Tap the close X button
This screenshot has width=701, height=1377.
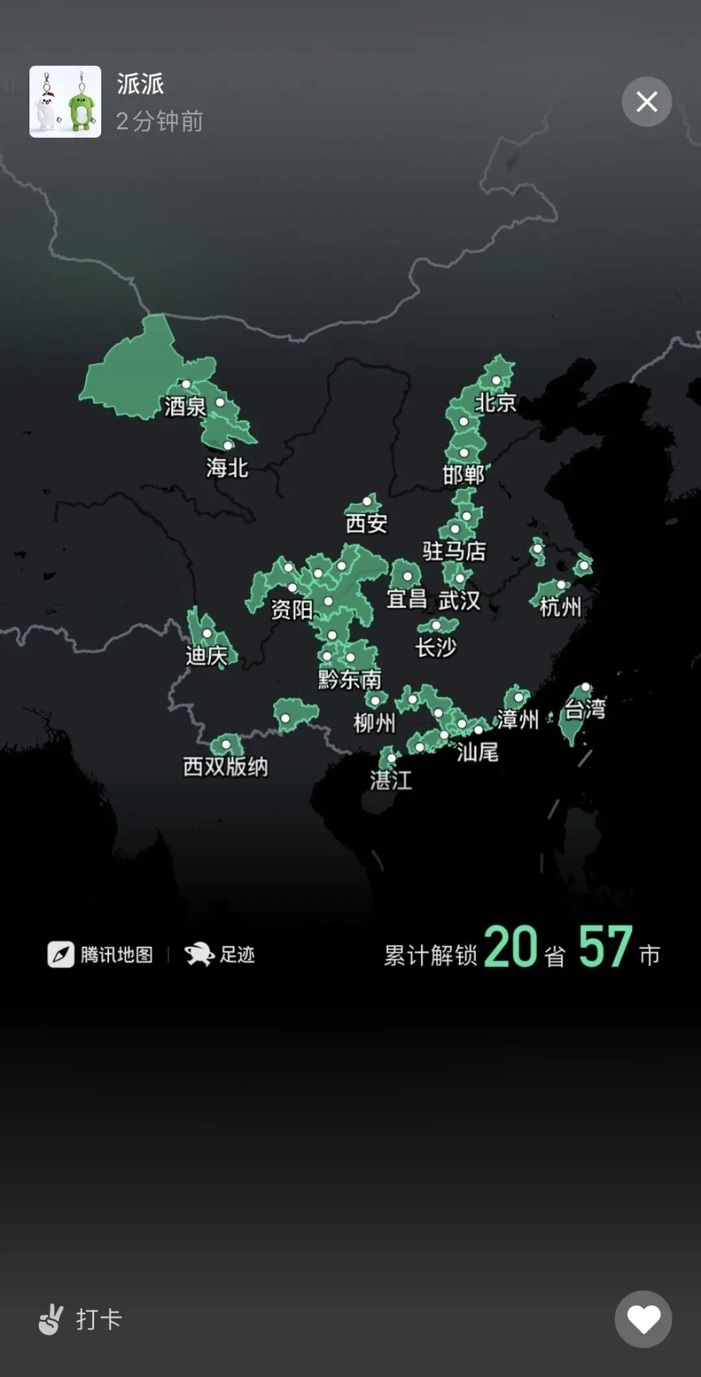point(646,102)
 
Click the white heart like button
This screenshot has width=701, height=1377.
point(643,1319)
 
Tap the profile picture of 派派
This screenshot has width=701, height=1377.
point(65,101)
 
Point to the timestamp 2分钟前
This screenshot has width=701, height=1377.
point(160,121)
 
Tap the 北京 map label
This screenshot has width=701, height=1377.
point(495,403)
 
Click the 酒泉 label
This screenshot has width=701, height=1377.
point(185,407)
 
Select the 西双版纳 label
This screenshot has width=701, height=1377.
point(225,766)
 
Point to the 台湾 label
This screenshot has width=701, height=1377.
point(585,709)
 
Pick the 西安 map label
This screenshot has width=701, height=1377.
point(367,523)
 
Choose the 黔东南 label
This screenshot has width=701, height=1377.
point(350,679)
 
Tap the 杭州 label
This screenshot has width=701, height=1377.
point(560,607)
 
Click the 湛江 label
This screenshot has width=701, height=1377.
point(391,780)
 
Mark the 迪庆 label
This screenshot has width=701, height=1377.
point(206,656)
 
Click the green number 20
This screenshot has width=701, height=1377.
point(511,947)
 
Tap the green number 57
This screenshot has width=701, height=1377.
point(606,947)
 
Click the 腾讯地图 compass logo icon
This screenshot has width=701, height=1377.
point(61,955)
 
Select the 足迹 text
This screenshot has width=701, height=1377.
point(238,955)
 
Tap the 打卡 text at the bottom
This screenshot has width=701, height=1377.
point(99,1319)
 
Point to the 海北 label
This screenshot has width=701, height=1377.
point(227,468)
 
